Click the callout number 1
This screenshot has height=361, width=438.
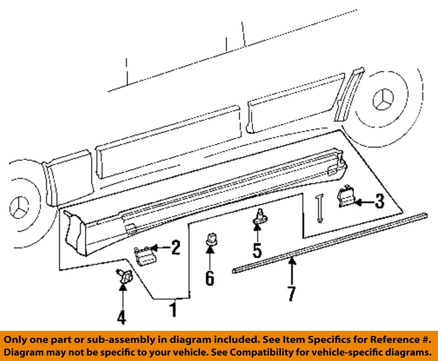point(173,309)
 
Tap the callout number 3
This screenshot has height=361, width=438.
point(380,201)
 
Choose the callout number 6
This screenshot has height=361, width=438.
point(209,278)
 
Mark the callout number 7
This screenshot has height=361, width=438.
point(292,294)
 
